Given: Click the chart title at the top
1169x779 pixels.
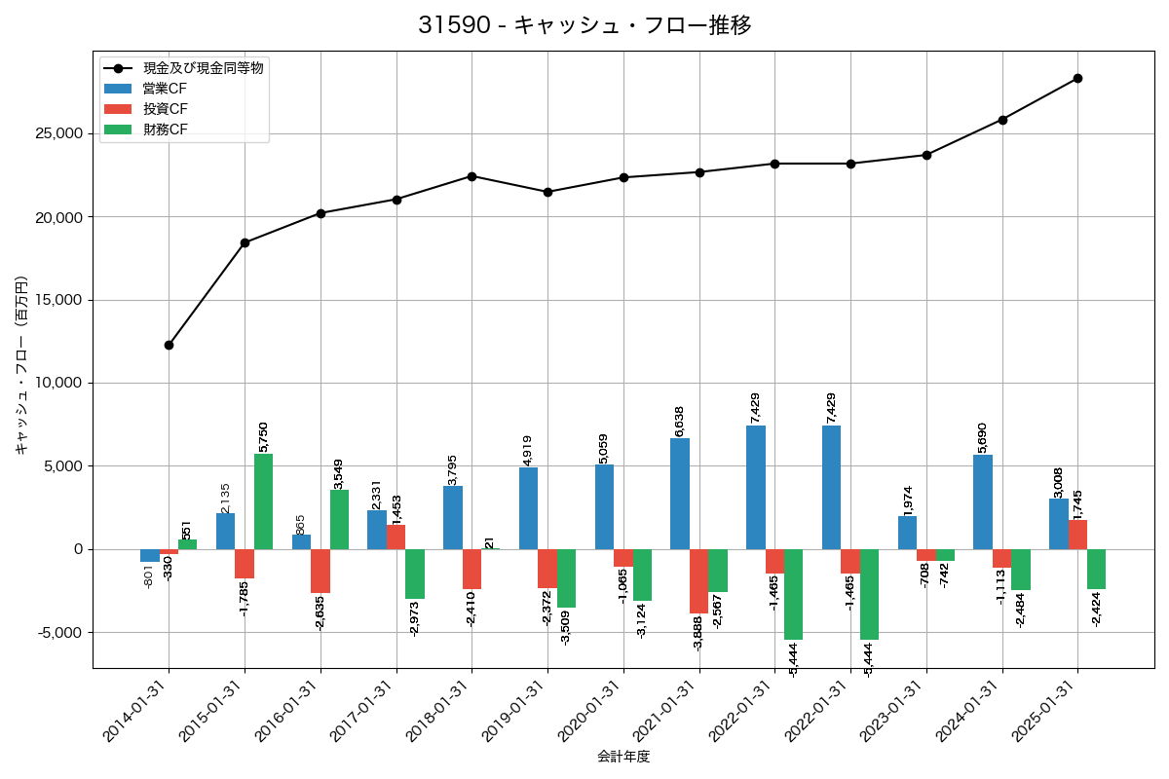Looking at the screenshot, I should point(584,25).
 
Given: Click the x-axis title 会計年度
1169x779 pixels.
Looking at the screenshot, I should point(623,757).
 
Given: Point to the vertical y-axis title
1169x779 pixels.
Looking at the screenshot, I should point(21,366).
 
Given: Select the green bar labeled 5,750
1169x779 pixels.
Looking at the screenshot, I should point(263,501).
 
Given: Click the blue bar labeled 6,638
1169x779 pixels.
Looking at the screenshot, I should point(680,494).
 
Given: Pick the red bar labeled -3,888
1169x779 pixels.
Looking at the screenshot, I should point(698,581).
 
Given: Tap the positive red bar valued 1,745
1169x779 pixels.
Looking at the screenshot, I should point(1077,535).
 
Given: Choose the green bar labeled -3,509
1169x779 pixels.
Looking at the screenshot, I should point(566,578).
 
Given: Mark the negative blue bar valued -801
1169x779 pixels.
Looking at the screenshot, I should point(149,555).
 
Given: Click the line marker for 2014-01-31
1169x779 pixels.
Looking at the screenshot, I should point(169,345).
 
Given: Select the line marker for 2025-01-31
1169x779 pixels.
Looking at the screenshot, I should point(1077,78).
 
